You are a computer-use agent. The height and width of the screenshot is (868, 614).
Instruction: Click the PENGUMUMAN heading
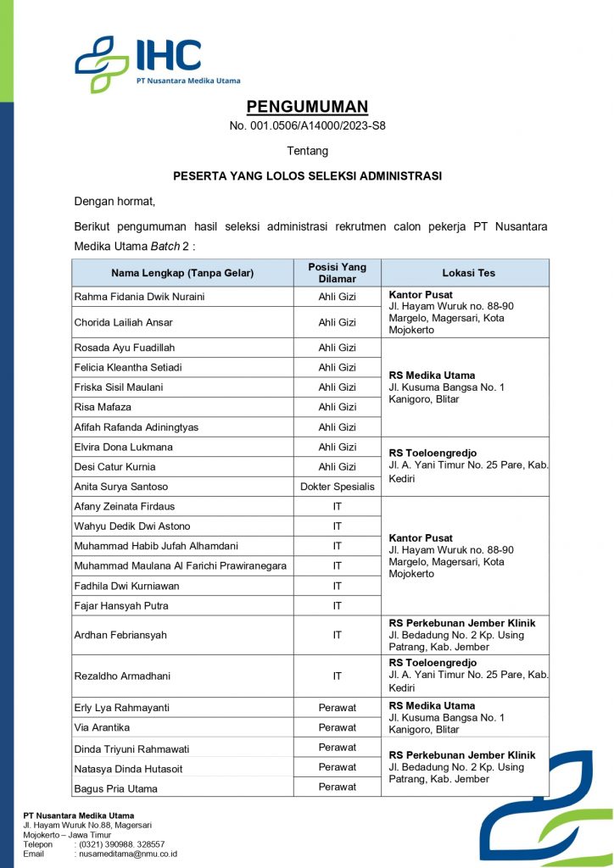307,107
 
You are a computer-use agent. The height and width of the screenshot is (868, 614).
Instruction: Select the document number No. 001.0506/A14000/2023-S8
307,126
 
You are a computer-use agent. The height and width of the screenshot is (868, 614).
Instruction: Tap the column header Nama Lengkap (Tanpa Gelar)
182,273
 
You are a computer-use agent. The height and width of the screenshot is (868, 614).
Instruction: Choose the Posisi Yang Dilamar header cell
337,273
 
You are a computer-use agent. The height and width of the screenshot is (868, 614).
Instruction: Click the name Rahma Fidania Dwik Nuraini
140,297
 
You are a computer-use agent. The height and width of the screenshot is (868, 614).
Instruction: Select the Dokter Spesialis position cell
337,487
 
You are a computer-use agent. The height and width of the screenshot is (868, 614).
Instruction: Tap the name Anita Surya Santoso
121,487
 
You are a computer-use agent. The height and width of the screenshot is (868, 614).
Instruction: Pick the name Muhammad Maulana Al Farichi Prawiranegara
181,565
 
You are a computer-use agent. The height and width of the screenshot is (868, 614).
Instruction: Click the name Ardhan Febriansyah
119,635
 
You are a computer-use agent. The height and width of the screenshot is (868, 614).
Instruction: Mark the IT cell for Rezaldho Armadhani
337,676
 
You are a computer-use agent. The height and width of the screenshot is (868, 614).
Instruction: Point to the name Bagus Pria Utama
116,789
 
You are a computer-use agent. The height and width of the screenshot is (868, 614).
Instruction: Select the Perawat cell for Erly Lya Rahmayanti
337,708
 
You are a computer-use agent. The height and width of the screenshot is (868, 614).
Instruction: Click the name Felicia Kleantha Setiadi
128,368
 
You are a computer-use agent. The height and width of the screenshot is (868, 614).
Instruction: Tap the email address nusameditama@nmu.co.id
128,854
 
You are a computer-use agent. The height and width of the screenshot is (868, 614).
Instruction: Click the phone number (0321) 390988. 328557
122,844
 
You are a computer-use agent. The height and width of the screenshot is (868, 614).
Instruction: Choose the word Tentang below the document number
307,151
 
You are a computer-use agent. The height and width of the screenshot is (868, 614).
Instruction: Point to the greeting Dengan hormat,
114,202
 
